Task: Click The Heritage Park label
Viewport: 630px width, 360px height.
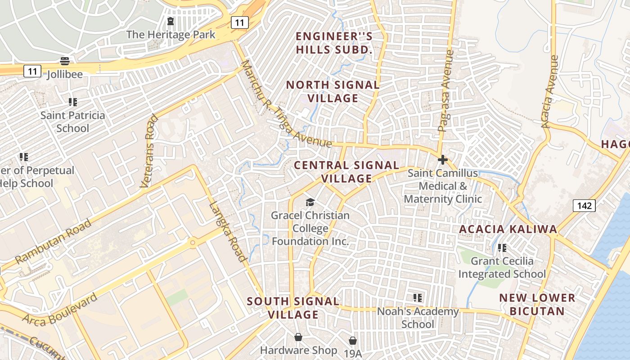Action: pos(171,35)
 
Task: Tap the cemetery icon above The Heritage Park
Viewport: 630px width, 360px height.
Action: pos(171,21)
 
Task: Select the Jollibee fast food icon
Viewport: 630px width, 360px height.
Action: pos(65,61)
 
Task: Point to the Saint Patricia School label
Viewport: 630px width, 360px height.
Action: pos(73,121)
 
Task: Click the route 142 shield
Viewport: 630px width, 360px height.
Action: pos(584,206)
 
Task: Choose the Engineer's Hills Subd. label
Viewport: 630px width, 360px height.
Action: pos(334,43)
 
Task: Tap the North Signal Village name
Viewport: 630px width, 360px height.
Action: pos(333,91)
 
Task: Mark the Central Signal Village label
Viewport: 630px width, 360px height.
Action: pos(346,172)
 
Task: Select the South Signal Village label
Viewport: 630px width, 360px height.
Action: pos(293,308)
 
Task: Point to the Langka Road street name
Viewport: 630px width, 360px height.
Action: pos(228,231)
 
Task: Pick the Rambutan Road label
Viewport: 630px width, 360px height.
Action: pos(53,242)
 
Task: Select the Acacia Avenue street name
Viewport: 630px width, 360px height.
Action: pos(550,92)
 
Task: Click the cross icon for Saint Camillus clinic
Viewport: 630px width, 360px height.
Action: pos(443,160)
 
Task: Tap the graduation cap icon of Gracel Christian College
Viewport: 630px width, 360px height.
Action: pos(310,202)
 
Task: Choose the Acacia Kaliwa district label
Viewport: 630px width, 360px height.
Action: pos(508,229)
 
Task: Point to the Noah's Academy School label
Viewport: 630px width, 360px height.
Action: pos(418,318)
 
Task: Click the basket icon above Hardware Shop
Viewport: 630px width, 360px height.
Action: pos(298,337)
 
